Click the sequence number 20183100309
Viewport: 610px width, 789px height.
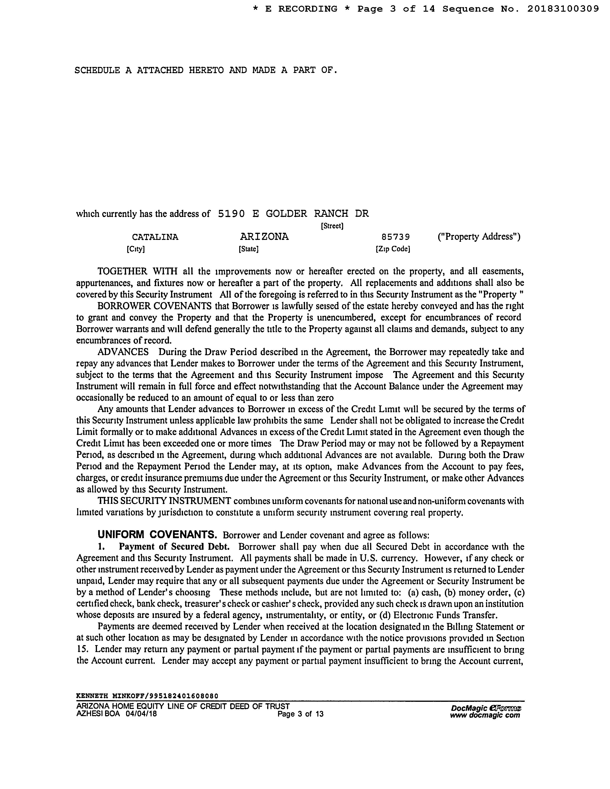click(563, 9)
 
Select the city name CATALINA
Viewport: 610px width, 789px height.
click(155, 237)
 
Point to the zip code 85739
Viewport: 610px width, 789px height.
click(396, 237)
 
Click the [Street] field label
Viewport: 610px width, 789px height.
click(332, 226)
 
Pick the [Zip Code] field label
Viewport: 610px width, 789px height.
click(393, 249)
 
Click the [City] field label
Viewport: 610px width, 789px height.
click(136, 249)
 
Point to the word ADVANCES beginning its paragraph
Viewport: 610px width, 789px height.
click(123, 352)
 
